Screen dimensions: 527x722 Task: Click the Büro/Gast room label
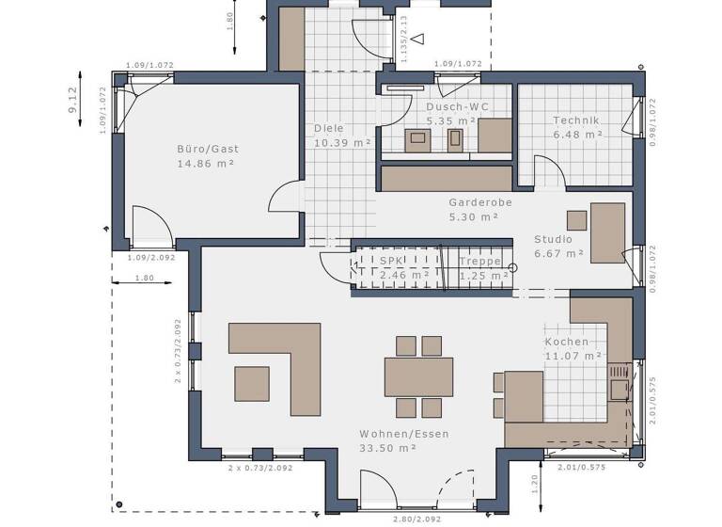tap(208, 149)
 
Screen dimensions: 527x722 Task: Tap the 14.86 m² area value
tap(205, 164)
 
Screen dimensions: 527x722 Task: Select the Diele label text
tap(328, 128)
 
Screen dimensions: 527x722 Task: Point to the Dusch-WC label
tap(457, 107)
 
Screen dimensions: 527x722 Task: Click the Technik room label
tap(576, 120)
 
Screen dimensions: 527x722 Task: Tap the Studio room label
tap(553, 239)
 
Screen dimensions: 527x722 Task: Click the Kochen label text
tap(567, 342)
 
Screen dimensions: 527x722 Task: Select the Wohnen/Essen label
tap(403, 434)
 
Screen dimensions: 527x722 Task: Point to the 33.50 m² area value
tap(387, 448)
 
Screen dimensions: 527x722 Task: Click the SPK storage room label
tap(389, 261)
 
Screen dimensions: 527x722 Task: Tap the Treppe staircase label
tap(479, 261)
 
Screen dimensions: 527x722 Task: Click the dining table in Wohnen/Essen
tap(418, 376)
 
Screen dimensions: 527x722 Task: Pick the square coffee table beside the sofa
tap(252, 383)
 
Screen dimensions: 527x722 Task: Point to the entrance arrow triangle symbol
tap(417, 39)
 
